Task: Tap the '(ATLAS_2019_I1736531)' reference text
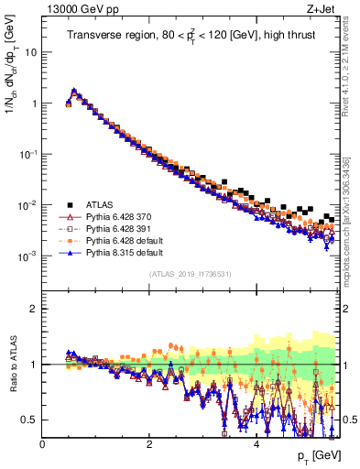(190, 273)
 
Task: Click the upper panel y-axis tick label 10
(31, 52)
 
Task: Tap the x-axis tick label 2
(149, 444)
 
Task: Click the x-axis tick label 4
(256, 444)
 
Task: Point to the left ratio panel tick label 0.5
(31, 420)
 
